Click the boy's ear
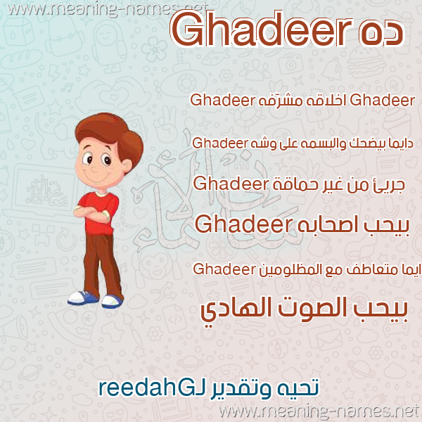click(x=126, y=165)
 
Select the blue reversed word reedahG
click(x=142, y=388)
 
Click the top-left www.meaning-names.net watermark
click(x=108, y=10)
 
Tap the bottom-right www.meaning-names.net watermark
click(x=319, y=411)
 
